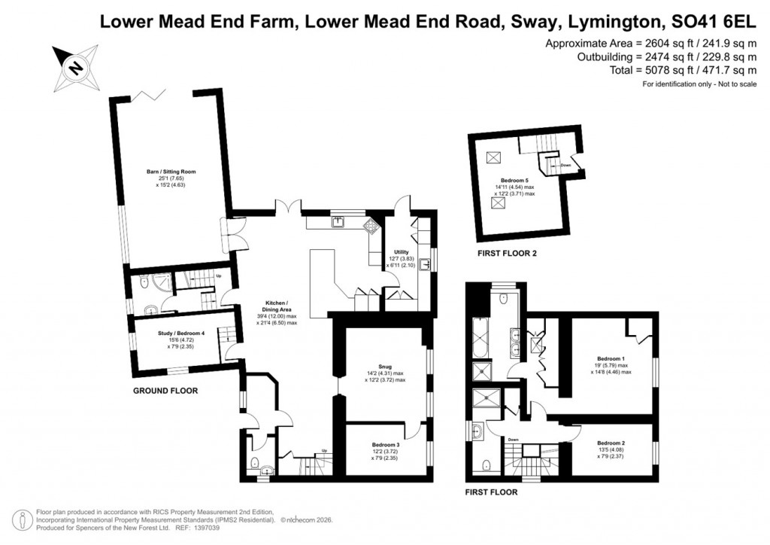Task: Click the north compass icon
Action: pyautogui.click(x=74, y=66)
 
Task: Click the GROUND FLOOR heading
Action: pyautogui.click(x=165, y=391)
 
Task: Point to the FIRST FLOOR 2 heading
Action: pyautogui.click(x=508, y=254)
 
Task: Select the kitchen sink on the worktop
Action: pyautogui.click(x=339, y=221)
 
